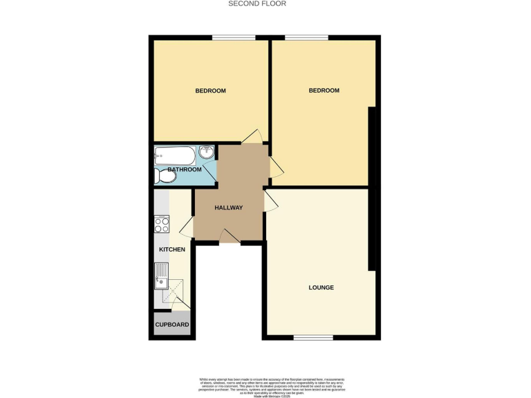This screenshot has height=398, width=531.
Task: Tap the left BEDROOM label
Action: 210,91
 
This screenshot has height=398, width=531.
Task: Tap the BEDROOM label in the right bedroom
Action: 324,91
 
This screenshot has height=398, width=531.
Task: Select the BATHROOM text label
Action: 185,169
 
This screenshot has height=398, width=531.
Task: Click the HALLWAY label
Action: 228,207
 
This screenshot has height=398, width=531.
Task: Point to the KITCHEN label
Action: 172,249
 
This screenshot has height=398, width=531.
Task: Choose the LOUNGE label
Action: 322,287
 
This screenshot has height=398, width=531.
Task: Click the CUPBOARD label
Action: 172,324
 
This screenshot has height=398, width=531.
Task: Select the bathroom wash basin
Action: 207,153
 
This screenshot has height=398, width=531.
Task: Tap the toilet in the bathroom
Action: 165,178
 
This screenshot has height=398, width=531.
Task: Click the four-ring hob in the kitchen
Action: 162,224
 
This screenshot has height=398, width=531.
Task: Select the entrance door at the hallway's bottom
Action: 230,237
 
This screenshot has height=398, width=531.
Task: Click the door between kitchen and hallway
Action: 187,228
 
